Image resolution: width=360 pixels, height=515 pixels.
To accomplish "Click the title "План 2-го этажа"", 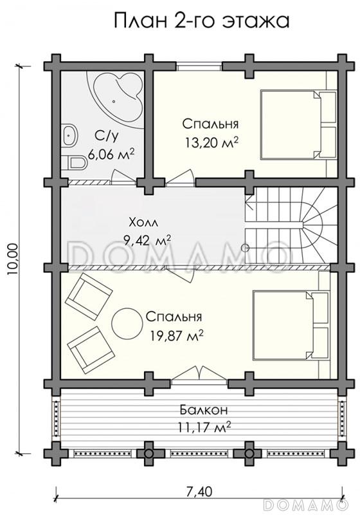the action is pos(201,21).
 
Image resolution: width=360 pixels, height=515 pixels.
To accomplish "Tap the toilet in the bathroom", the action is pos(74,163).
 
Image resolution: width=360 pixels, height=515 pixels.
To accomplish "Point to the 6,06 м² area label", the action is pos(111,154).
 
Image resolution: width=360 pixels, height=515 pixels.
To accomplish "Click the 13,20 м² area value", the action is pos(211,143).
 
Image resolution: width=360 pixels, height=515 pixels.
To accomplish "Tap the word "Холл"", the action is pos(143,223).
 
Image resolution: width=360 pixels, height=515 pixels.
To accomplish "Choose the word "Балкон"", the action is pos(203,410).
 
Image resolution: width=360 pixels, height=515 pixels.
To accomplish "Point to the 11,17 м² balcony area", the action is pos(204,427).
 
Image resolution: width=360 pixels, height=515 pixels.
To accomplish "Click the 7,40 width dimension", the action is pos(199,492).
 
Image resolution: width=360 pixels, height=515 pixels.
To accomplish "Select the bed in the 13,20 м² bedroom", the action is pos(298,124).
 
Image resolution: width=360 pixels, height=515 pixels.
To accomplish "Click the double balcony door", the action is pos(199,375).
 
